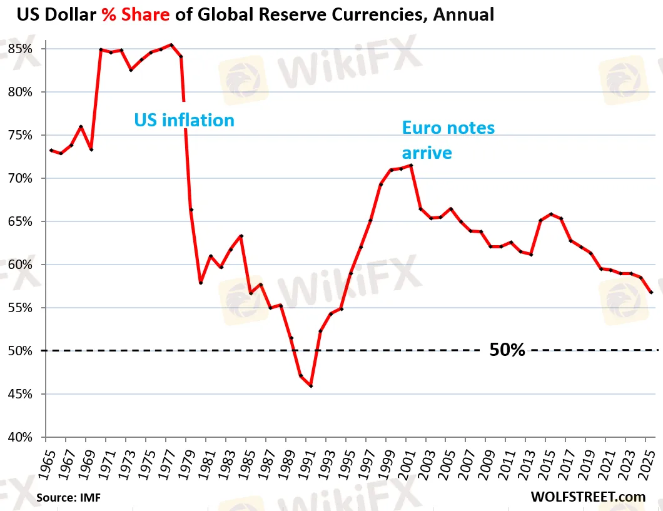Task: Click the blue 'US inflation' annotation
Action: (x=185, y=119)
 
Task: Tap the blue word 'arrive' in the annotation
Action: (x=427, y=153)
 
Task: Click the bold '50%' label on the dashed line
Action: (x=507, y=350)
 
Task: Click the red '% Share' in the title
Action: (x=136, y=15)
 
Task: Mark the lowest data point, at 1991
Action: (x=311, y=386)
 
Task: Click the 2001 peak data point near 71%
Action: (x=411, y=165)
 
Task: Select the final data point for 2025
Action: (x=652, y=292)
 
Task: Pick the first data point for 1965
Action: (x=51, y=150)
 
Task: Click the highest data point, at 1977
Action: (x=171, y=45)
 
